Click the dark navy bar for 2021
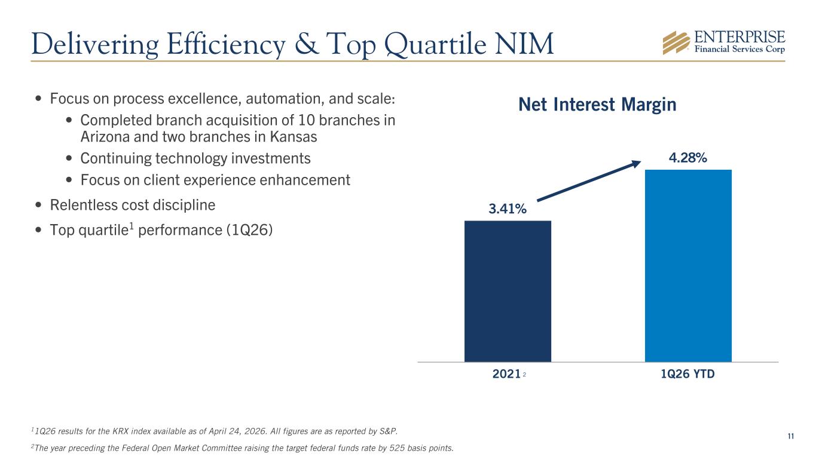[x=508, y=291]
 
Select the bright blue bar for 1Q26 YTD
[x=688, y=265]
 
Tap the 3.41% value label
[x=508, y=209]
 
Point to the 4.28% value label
[x=688, y=158]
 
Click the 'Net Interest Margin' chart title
[x=597, y=105]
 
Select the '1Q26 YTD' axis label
[x=688, y=375]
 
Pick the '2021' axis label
[x=505, y=375]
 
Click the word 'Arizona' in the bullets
[x=103, y=137]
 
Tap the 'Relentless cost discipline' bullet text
[x=133, y=205]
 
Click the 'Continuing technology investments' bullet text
[x=195, y=159]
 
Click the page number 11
[x=790, y=437]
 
